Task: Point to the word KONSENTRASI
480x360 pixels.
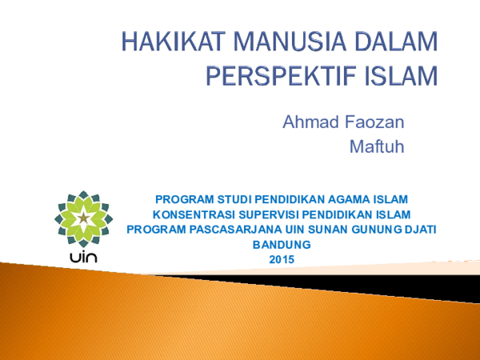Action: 193,214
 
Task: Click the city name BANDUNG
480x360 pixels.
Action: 280,245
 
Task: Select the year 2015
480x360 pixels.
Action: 282,260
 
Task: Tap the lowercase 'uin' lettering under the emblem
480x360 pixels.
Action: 82,258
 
